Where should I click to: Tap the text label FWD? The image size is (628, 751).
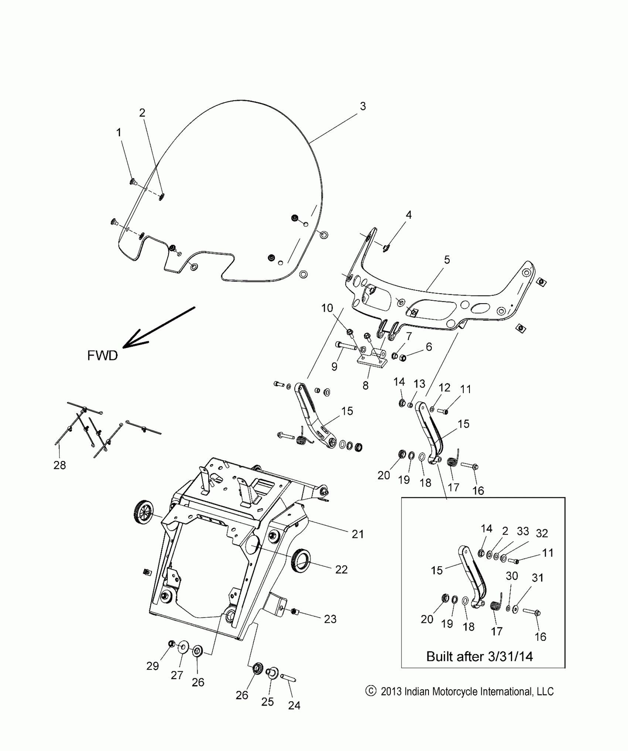(102, 355)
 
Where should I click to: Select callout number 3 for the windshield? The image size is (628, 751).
(363, 106)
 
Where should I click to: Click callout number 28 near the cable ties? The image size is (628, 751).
(59, 465)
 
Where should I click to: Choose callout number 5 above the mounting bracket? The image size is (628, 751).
(447, 260)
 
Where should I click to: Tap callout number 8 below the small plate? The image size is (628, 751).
(365, 385)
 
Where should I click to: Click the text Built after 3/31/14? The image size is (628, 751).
(479, 656)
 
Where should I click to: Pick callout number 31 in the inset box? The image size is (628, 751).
(537, 577)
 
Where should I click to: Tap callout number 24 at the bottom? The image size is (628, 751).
(294, 706)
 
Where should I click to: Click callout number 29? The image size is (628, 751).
(153, 666)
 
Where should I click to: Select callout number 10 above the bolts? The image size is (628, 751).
(327, 308)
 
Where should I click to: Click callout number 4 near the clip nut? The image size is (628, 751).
(408, 215)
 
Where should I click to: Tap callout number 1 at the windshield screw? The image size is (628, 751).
(119, 133)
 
